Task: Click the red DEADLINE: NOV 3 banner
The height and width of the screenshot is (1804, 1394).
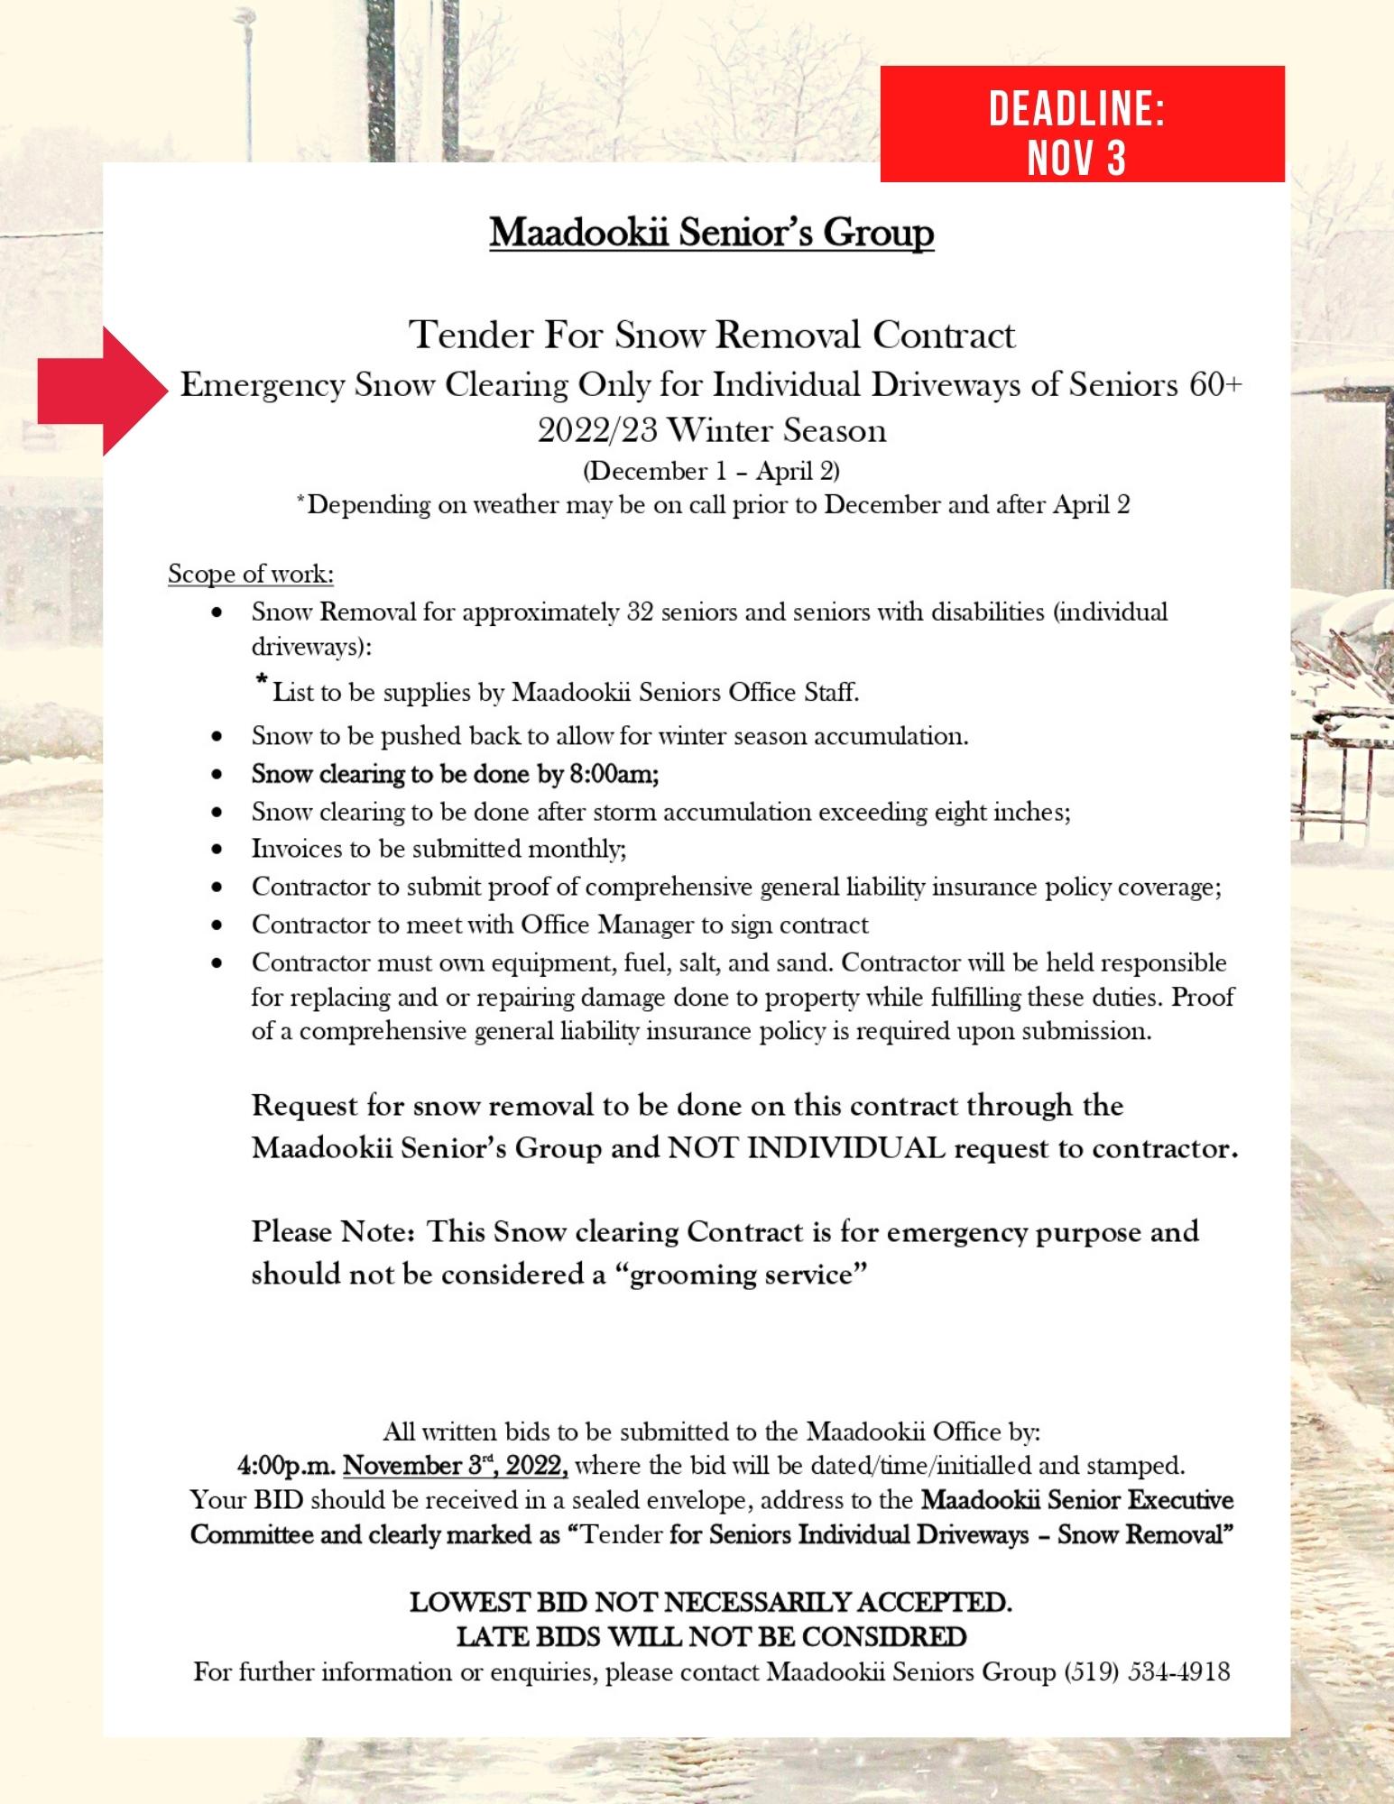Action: [x=1081, y=124]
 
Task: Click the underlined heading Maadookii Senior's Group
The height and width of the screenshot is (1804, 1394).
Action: [x=711, y=233]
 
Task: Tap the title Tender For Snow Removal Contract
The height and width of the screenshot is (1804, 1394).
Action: [x=711, y=335]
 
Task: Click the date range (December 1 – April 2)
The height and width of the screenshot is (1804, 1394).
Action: [x=711, y=471]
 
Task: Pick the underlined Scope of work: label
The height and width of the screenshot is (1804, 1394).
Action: [x=251, y=574]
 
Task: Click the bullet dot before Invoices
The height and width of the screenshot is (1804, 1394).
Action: [x=217, y=850]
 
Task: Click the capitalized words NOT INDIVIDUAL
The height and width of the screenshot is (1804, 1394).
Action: [x=806, y=1148]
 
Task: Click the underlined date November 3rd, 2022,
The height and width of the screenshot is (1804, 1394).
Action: [x=455, y=1466]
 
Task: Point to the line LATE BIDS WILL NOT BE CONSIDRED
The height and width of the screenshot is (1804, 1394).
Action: [x=711, y=1636]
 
